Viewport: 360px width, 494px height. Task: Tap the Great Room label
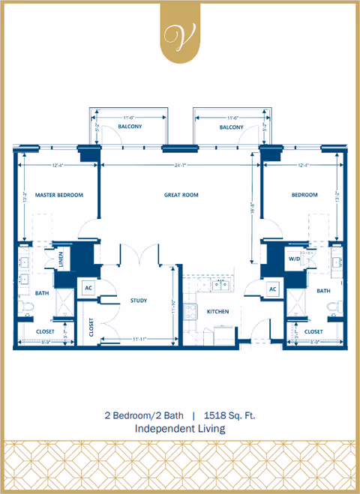coord(181,195)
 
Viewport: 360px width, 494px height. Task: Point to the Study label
coord(138,301)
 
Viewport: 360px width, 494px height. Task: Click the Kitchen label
coord(218,311)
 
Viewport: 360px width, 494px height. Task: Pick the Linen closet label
coord(59,259)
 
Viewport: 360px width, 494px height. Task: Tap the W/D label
coord(295,259)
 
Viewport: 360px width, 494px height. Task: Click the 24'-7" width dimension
coord(180,164)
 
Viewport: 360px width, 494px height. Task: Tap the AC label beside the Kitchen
coord(273,289)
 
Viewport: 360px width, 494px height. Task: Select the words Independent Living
coord(180,429)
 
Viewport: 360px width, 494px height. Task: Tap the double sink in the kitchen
coord(221,285)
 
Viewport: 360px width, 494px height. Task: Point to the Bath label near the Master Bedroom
coord(42,293)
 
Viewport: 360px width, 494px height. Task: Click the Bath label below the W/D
coord(323,290)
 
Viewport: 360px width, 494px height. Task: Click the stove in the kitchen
coord(190,310)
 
